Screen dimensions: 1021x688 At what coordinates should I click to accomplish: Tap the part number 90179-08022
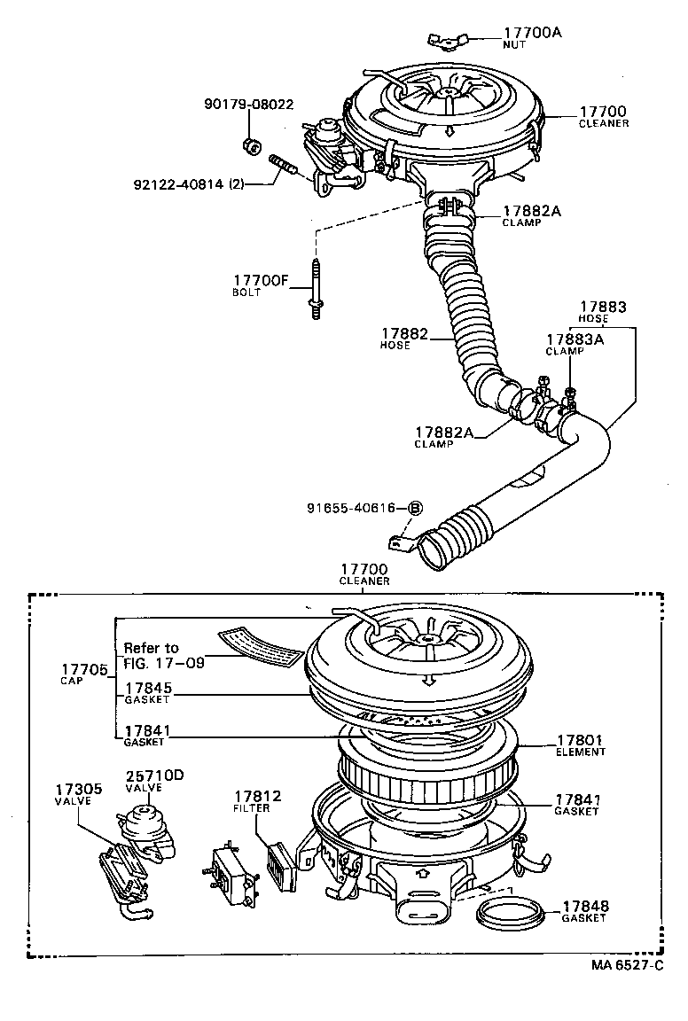[x=248, y=104]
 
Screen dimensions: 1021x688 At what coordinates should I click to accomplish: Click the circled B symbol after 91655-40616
[x=415, y=508]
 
